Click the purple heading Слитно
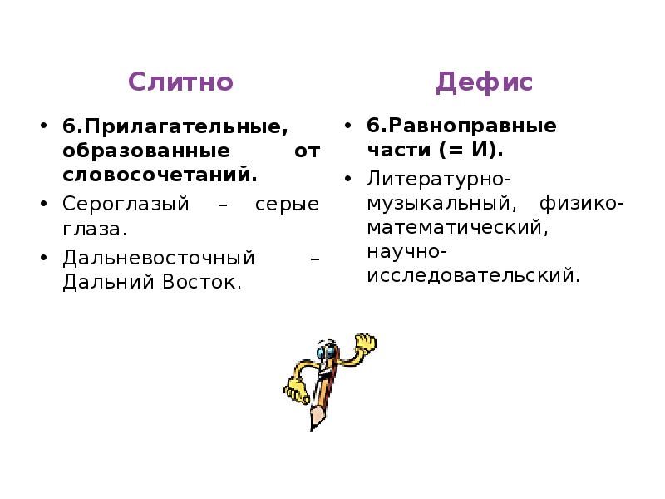click(x=180, y=82)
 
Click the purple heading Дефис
click(x=484, y=82)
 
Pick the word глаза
click(x=93, y=229)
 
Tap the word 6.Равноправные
click(x=462, y=126)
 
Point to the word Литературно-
click(x=439, y=179)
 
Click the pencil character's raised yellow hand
click(x=363, y=343)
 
